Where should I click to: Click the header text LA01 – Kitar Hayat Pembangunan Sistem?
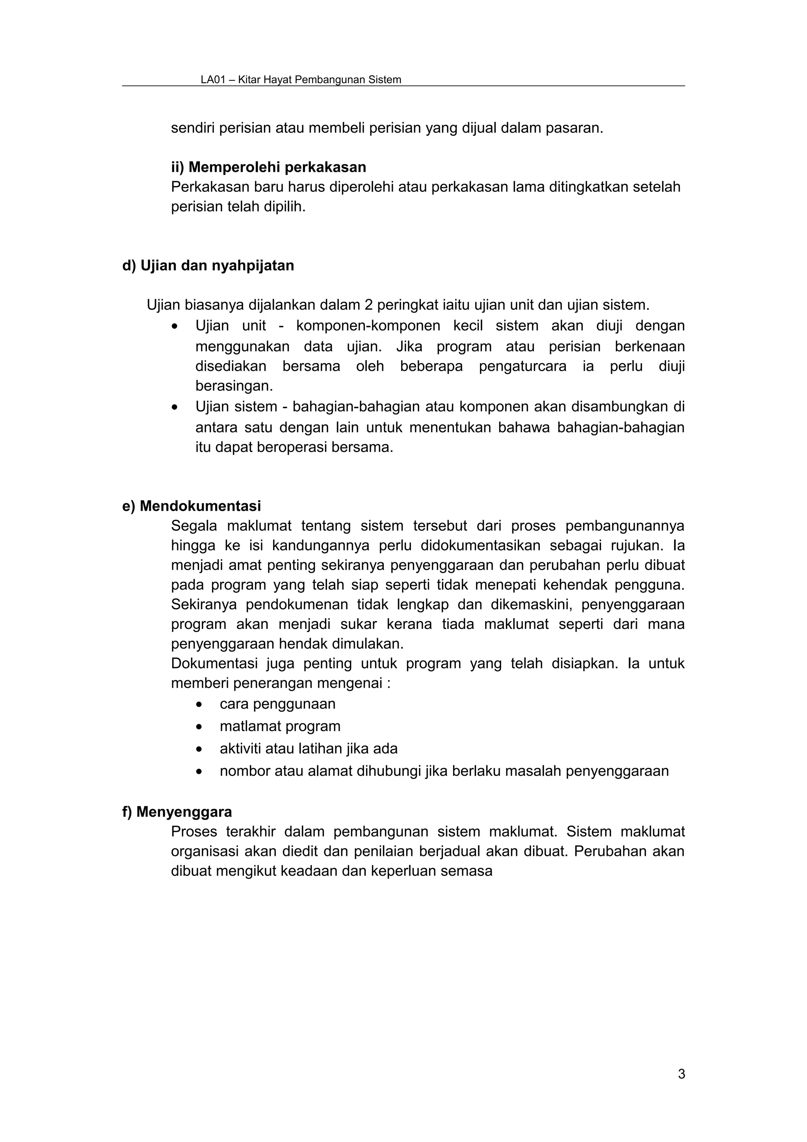click(x=301, y=80)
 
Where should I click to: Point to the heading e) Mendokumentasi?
click(x=192, y=506)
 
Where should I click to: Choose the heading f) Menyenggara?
click(x=177, y=812)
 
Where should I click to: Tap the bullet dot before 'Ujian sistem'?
click(x=173, y=408)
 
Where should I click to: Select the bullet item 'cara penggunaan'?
click(x=277, y=704)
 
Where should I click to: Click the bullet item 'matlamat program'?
click(x=280, y=726)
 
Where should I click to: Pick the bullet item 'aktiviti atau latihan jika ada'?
click(x=308, y=749)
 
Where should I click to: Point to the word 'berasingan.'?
click(x=234, y=385)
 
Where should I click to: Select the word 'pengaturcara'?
click(x=522, y=366)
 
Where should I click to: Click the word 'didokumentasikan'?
click(x=480, y=546)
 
